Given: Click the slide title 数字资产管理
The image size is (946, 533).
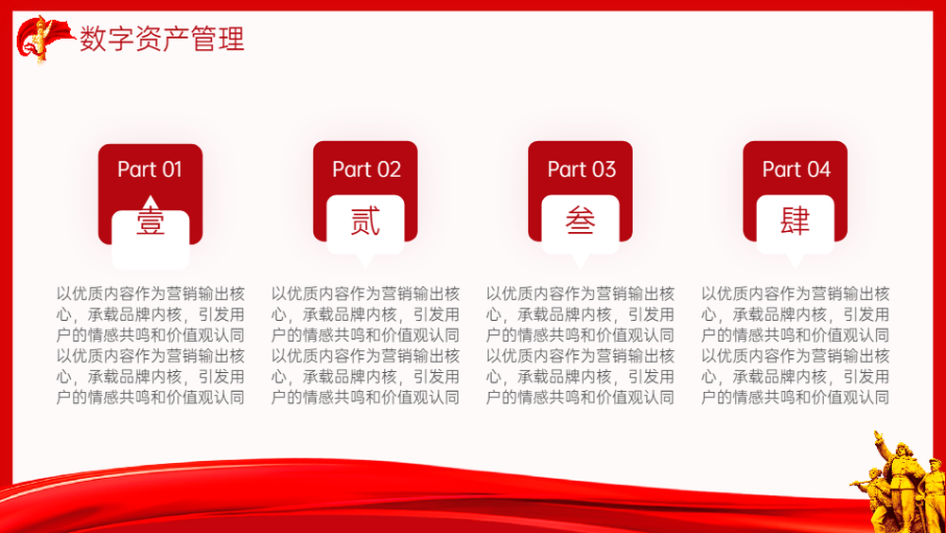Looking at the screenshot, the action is coord(162,39).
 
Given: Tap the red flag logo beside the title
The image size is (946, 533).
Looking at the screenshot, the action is coord(44,39).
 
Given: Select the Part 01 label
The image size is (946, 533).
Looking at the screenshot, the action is coord(149,169).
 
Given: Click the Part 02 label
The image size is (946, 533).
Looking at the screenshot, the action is coord(366,169).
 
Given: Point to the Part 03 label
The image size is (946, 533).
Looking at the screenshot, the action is coord(582,169).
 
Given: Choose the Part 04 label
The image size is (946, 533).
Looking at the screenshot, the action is coord(797,169).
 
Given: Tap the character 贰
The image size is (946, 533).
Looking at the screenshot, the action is coord(365,221).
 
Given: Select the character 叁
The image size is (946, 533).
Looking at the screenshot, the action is coord(581,221).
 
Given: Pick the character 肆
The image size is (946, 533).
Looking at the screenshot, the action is coord(796,221).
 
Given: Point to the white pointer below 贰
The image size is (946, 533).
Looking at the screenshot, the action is coord(365,260).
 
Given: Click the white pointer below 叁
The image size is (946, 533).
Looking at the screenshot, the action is coord(581,260).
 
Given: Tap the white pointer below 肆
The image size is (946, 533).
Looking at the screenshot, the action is coord(796,260).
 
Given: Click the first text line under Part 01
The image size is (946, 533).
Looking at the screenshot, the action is coord(150,294).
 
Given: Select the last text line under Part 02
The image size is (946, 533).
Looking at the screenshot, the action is coord(365,398).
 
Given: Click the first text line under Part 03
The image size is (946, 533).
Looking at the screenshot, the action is coord(581,294).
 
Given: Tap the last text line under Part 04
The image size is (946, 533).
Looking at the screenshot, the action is coord(796,398).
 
